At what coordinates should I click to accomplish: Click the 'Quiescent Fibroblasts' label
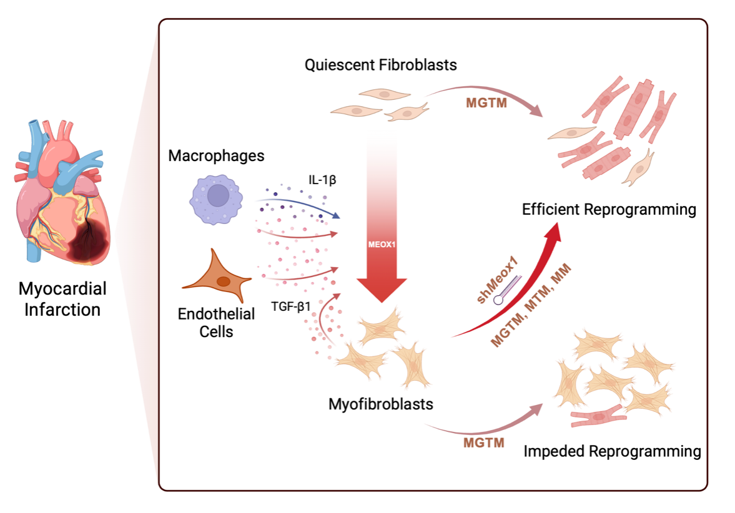click(x=381, y=65)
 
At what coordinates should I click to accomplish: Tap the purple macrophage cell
click(x=217, y=199)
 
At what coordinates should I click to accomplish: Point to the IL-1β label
click(x=322, y=180)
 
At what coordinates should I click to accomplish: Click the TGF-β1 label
click(x=290, y=307)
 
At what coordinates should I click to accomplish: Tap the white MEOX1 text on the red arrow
click(x=382, y=245)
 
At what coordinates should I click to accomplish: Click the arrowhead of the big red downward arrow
click(x=382, y=290)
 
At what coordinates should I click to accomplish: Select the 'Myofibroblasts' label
click(x=381, y=404)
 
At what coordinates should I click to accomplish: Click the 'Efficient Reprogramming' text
click(x=609, y=210)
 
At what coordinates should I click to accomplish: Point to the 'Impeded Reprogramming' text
click(x=612, y=451)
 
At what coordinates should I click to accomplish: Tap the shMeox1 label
click(x=497, y=280)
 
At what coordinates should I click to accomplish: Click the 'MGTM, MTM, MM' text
click(x=531, y=305)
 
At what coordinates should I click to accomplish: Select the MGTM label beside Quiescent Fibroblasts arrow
click(x=486, y=103)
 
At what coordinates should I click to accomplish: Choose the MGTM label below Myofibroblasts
click(x=484, y=442)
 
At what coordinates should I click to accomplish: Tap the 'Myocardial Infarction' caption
click(x=62, y=299)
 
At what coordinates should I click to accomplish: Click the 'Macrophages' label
click(x=216, y=155)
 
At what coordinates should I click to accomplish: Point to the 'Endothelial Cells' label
click(x=216, y=322)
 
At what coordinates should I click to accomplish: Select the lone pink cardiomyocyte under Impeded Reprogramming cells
click(x=599, y=416)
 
